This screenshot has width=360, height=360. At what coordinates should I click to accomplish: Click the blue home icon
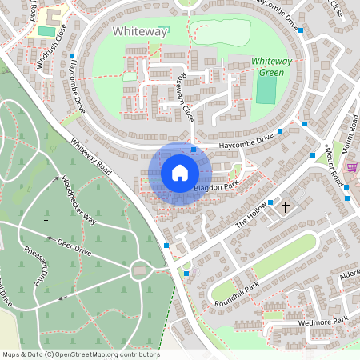(180, 173)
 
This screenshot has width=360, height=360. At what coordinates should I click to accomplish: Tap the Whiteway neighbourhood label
(141, 31)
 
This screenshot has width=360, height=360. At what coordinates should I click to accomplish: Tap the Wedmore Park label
(325, 322)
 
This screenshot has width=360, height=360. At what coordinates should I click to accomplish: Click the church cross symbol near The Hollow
(286, 207)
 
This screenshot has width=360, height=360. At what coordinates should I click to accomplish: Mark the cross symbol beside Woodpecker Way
(46, 220)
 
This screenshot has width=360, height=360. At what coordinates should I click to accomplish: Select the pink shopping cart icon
(352, 166)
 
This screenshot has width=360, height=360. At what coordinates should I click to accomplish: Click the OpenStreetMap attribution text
(81, 354)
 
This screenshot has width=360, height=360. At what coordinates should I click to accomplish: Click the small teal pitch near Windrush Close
(47, 31)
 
